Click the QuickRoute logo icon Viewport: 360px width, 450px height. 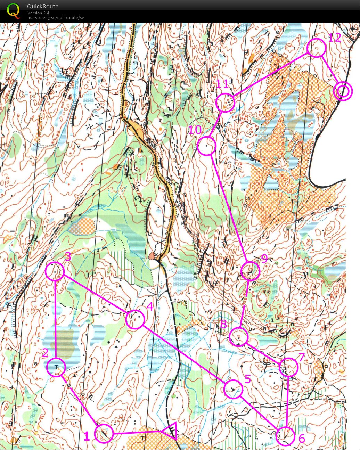[13, 10]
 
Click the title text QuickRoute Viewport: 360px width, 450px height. [43, 6]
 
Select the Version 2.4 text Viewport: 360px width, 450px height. [38, 13]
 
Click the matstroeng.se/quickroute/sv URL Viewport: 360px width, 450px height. [56, 18]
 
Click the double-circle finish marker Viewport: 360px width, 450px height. [343, 91]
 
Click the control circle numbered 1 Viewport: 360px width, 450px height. [104, 433]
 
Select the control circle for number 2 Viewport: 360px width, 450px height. [56, 367]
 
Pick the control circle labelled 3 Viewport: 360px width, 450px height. [55, 271]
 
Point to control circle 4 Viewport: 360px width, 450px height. [135, 320]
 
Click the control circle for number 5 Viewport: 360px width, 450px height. [233, 389]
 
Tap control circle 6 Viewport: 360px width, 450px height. [286, 436]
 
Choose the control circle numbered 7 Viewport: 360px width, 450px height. [289, 367]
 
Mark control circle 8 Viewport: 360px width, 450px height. [239, 336]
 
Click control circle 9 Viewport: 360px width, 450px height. [250, 271]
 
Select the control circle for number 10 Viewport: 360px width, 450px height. [207, 146]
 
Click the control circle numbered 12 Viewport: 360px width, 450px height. [317, 48]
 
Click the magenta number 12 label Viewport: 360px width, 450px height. [335, 38]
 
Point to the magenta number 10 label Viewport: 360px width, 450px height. [195, 130]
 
